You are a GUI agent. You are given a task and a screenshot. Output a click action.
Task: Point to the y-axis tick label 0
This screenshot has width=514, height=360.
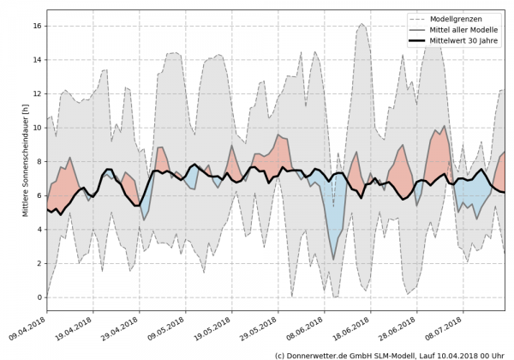click(39, 297)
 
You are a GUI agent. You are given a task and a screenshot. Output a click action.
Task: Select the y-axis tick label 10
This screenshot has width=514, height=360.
click(36, 128)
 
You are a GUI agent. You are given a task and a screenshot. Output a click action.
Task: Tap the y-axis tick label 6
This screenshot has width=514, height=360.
click(39, 195)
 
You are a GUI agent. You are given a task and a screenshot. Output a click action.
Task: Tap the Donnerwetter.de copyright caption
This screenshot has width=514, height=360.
click(389, 354)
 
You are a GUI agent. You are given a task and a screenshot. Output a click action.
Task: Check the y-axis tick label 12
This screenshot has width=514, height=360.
click(36, 93)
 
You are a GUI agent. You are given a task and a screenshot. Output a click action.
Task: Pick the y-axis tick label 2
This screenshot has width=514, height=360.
click(39, 263)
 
